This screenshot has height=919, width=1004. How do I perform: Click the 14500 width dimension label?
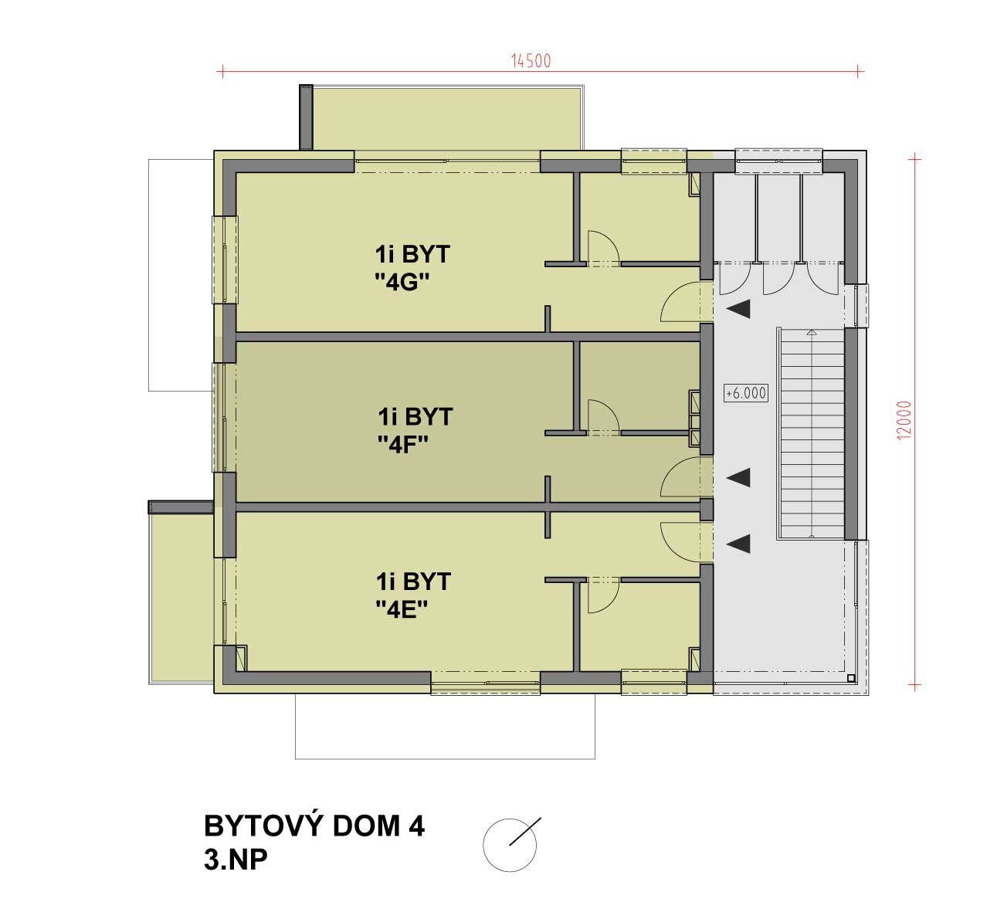(x=531, y=61)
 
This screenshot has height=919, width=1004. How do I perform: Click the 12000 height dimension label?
(x=904, y=420)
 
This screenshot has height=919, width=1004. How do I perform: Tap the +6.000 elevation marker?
(x=746, y=393)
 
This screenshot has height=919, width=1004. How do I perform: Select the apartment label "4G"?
(x=402, y=283)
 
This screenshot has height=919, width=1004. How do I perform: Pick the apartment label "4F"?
(x=403, y=444)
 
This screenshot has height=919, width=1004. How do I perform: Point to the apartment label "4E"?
(x=402, y=609)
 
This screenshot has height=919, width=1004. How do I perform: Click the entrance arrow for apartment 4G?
(x=738, y=310)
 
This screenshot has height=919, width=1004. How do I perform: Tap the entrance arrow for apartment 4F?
(x=738, y=477)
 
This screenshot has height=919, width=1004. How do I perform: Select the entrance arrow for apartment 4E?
(x=738, y=544)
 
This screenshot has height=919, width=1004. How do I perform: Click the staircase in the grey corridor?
(x=811, y=433)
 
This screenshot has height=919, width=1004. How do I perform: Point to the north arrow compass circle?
(x=510, y=845)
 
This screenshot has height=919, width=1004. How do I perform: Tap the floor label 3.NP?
(x=236, y=860)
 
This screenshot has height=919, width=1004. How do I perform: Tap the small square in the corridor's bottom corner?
(x=851, y=678)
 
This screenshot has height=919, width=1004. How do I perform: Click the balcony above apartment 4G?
(x=447, y=118)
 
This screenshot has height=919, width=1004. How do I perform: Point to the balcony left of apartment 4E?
(x=181, y=599)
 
